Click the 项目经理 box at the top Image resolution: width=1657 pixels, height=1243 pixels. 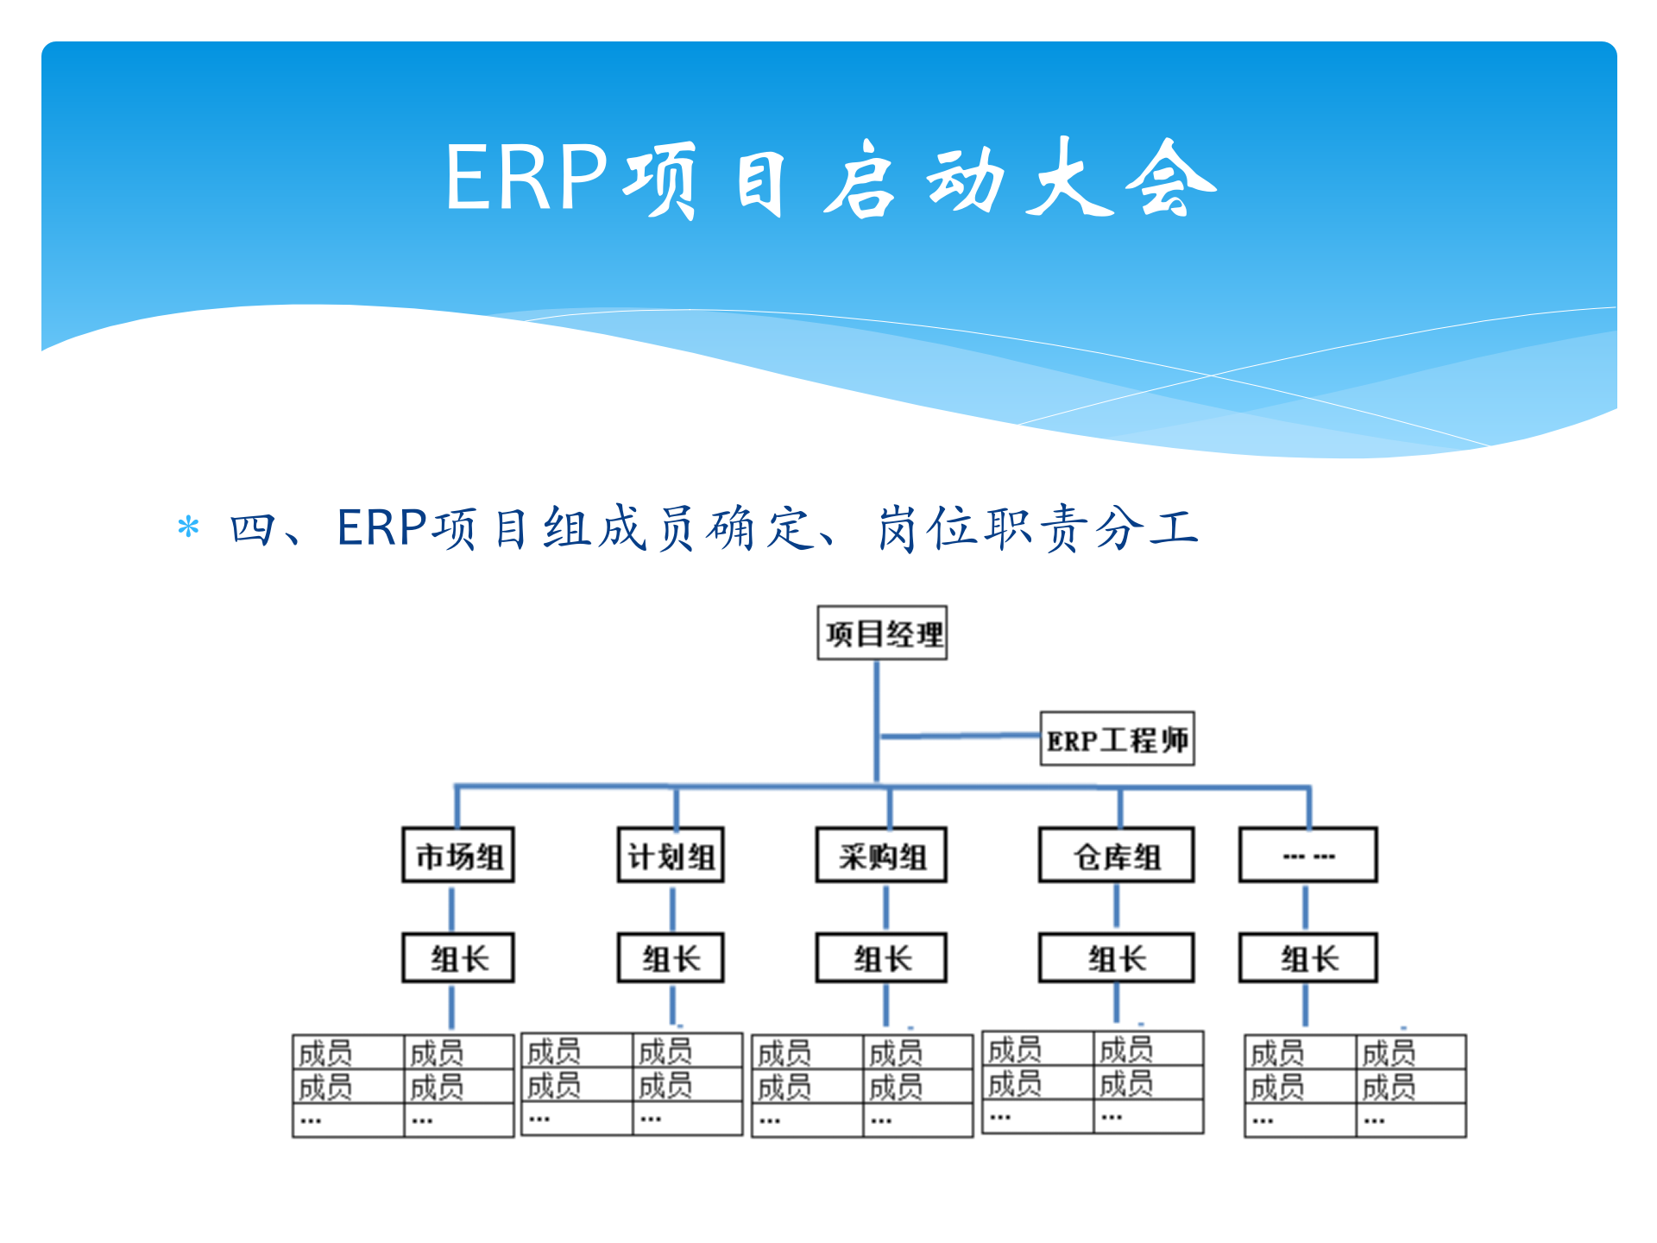coord(882,634)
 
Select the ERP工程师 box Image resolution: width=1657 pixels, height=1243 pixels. coord(1117,739)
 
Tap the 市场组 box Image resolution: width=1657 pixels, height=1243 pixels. coord(458,855)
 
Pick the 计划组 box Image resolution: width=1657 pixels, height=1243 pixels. coord(671,855)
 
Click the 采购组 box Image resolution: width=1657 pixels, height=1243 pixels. coord(881,855)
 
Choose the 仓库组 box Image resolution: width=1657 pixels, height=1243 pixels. coord(1116,855)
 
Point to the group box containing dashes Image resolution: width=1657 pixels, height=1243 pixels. coord(1307,855)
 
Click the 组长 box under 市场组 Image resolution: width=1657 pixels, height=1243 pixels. coord(458,958)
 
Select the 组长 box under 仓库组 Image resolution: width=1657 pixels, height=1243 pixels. coord(1116,958)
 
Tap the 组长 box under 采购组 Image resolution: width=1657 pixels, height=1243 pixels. coord(881,958)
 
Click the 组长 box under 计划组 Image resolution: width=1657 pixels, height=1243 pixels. coord(671,958)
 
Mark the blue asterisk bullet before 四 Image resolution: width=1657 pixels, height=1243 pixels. coord(188,527)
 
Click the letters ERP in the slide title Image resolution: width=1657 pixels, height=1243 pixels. coord(526,178)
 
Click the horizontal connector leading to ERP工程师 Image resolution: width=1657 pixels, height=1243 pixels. coord(958,736)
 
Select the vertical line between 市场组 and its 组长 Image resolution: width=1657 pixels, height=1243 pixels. coord(451,907)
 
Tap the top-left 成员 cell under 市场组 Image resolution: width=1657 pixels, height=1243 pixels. coord(348,1053)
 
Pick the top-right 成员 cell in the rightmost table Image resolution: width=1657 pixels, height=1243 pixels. coord(1410,1053)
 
